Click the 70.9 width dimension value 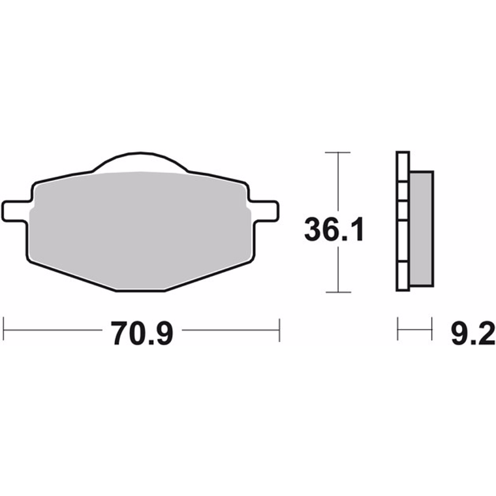click(142, 333)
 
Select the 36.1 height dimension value click(333, 230)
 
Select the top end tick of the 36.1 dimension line click(337, 152)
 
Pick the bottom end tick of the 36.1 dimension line click(337, 292)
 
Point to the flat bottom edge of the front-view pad click(140, 288)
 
